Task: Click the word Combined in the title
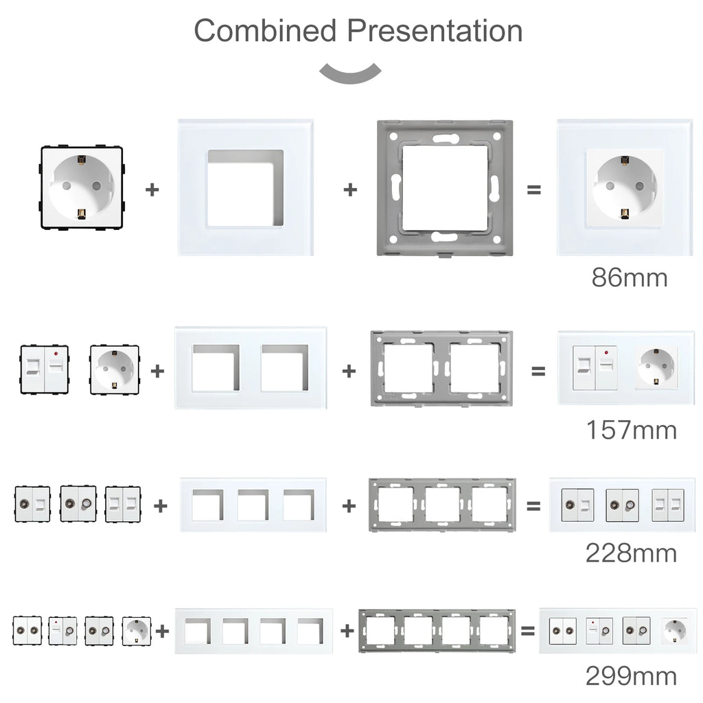point(266,31)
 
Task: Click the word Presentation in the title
point(434,31)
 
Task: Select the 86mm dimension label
point(630,278)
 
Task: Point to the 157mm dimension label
point(631,430)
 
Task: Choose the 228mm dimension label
point(631,553)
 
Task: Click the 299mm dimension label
point(631,676)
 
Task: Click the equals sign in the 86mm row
point(533,189)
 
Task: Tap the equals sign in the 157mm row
point(538,371)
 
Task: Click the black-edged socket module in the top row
point(82,187)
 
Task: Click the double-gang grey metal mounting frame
point(441,369)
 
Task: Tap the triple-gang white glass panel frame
point(253,505)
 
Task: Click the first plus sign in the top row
point(152,189)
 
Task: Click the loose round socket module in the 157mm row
point(115,369)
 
